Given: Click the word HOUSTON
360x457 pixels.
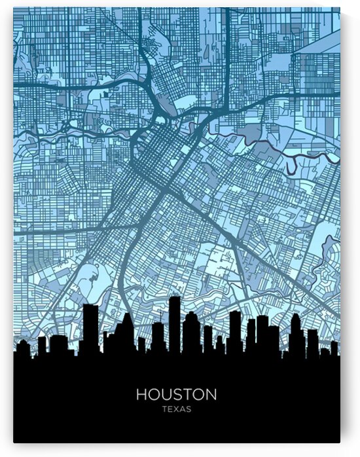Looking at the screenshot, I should (x=176, y=394).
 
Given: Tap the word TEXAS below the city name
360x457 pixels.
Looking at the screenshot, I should (x=176, y=409).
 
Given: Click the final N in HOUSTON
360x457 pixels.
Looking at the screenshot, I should (x=211, y=394).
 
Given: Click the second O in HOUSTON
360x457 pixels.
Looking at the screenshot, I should (x=198, y=394).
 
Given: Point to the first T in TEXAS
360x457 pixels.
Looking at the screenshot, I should (x=164, y=409).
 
